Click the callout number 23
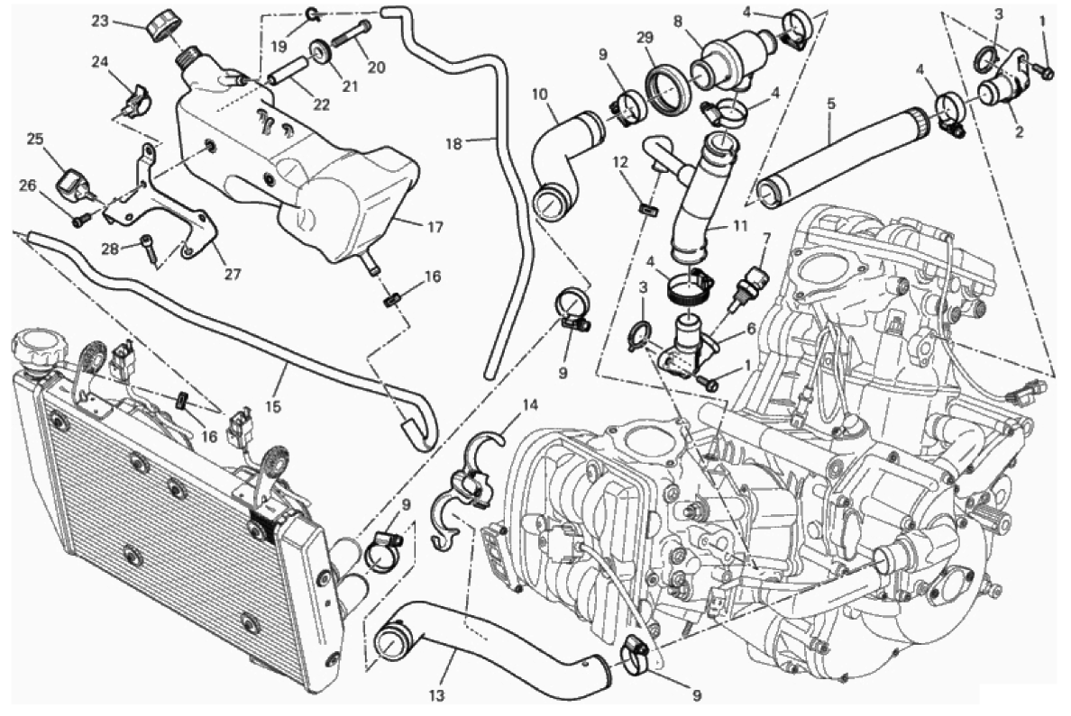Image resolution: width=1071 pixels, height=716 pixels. point(101,21)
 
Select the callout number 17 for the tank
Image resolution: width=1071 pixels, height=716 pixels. point(435,227)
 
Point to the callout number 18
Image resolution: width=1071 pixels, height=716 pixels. point(454,143)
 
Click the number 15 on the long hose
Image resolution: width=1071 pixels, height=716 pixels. point(273,407)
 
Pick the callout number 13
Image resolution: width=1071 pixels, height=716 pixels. point(437,696)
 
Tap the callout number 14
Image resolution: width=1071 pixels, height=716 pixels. point(530,405)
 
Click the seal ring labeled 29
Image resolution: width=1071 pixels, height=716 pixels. point(664,86)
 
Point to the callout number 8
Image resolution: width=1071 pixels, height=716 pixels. point(678,22)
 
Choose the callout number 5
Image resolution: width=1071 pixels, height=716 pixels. point(831,104)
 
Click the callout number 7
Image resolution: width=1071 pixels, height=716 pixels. point(766,238)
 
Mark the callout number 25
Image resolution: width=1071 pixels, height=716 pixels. point(35,140)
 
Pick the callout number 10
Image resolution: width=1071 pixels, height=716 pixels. point(540,95)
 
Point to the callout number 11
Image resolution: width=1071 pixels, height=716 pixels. point(739,225)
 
